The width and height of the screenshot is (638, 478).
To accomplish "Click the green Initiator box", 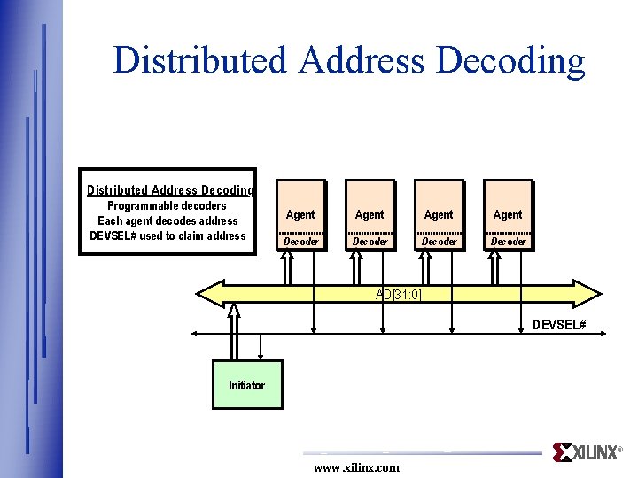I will click(x=247, y=384).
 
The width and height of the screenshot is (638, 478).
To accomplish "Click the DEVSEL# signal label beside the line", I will click(x=559, y=325).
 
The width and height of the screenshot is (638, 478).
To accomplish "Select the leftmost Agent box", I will click(x=300, y=215).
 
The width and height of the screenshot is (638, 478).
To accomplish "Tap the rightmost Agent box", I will click(x=508, y=215).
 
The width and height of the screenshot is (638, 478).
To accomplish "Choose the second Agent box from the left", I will click(x=370, y=215).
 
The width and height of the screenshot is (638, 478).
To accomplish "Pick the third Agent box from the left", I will click(x=439, y=215).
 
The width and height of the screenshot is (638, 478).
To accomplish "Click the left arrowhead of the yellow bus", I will click(x=208, y=293).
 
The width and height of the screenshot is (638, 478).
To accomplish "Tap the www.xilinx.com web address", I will click(x=356, y=467).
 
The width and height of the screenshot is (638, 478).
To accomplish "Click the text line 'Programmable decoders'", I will click(x=167, y=206).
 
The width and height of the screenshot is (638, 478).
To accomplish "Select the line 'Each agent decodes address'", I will click(x=167, y=221).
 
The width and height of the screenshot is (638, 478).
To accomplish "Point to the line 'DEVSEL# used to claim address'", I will click(x=167, y=235).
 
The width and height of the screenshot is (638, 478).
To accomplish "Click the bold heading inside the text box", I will click(x=169, y=189).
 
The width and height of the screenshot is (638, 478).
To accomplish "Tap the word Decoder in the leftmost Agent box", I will click(x=300, y=242).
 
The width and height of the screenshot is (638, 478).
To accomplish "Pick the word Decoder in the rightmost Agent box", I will click(x=508, y=242).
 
